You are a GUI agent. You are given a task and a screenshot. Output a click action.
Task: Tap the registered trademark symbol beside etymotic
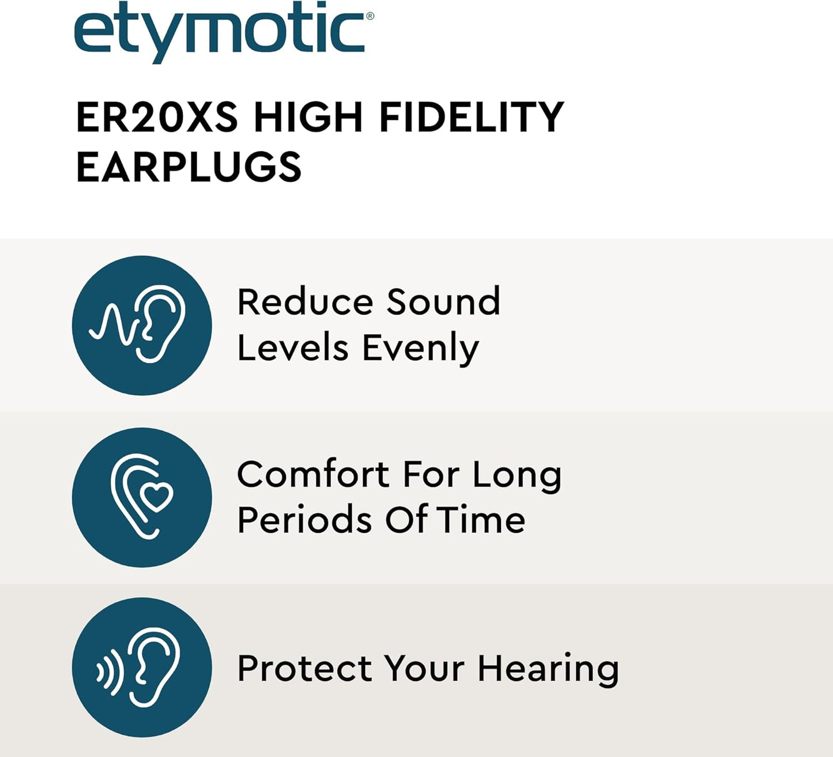[370, 16]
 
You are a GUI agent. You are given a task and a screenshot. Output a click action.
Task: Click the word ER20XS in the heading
[157, 118]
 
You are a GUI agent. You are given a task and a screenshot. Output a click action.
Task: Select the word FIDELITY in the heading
[471, 118]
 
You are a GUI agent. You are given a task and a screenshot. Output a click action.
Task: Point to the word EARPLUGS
[189, 167]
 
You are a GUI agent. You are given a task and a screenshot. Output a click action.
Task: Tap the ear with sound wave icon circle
[142, 325]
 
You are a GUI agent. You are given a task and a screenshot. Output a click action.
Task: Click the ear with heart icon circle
[142, 497]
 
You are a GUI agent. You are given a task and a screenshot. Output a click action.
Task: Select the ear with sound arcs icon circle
[142, 667]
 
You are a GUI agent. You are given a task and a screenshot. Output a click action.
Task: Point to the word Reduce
[305, 302]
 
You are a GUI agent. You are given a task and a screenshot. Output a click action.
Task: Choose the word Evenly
[420, 349]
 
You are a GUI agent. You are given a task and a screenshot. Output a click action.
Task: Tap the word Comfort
[312, 475]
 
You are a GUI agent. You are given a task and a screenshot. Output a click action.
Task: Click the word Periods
[304, 520]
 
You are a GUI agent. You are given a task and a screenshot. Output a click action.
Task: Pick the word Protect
[304, 669]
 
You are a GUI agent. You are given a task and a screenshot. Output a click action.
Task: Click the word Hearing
[548, 670]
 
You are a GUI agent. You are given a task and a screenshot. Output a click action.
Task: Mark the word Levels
[293, 349]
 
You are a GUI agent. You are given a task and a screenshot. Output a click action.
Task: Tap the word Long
[517, 476]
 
